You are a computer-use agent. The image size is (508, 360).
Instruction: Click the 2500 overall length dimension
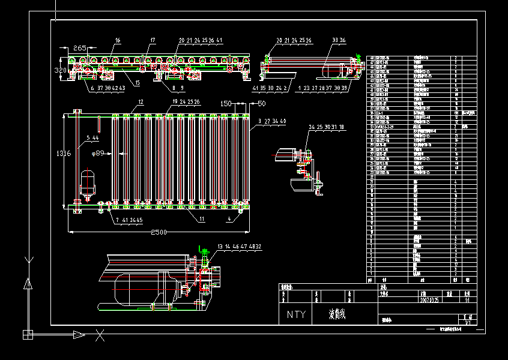coord(159,232)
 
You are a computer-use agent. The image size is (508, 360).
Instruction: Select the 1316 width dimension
coord(64,154)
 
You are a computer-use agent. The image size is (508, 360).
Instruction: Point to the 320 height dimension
coord(61,70)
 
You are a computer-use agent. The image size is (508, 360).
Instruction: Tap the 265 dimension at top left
coord(80,47)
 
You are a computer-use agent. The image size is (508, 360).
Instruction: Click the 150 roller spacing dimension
coord(226,103)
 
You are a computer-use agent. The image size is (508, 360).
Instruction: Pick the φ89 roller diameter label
coord(100,154)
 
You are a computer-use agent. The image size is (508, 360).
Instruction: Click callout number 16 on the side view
coord(118,40)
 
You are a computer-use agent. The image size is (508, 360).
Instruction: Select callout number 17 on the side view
coord(153,40)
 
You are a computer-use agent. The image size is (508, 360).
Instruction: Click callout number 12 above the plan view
coord(140,102)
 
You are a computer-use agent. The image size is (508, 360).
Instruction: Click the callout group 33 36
coord(339,40)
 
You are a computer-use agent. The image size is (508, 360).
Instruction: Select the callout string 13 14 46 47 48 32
coord(239,246)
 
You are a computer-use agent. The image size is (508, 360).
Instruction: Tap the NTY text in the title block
coord(295,314)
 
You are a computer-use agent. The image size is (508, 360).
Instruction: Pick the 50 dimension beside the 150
coord(261,103)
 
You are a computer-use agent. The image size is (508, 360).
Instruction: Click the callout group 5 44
coord(92,138)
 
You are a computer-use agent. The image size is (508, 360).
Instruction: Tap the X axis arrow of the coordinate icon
coord(79,334)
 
